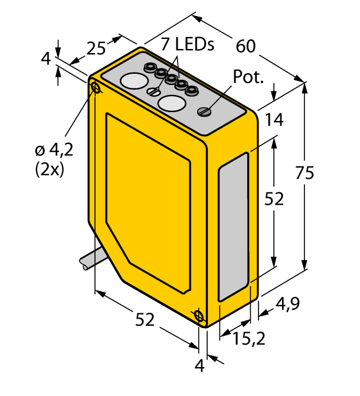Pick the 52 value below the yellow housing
[x=145, y=320]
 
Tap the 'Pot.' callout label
[x=248, y=77]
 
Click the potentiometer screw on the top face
[x=204, y=111]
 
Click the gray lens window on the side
[x=234, y=227]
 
